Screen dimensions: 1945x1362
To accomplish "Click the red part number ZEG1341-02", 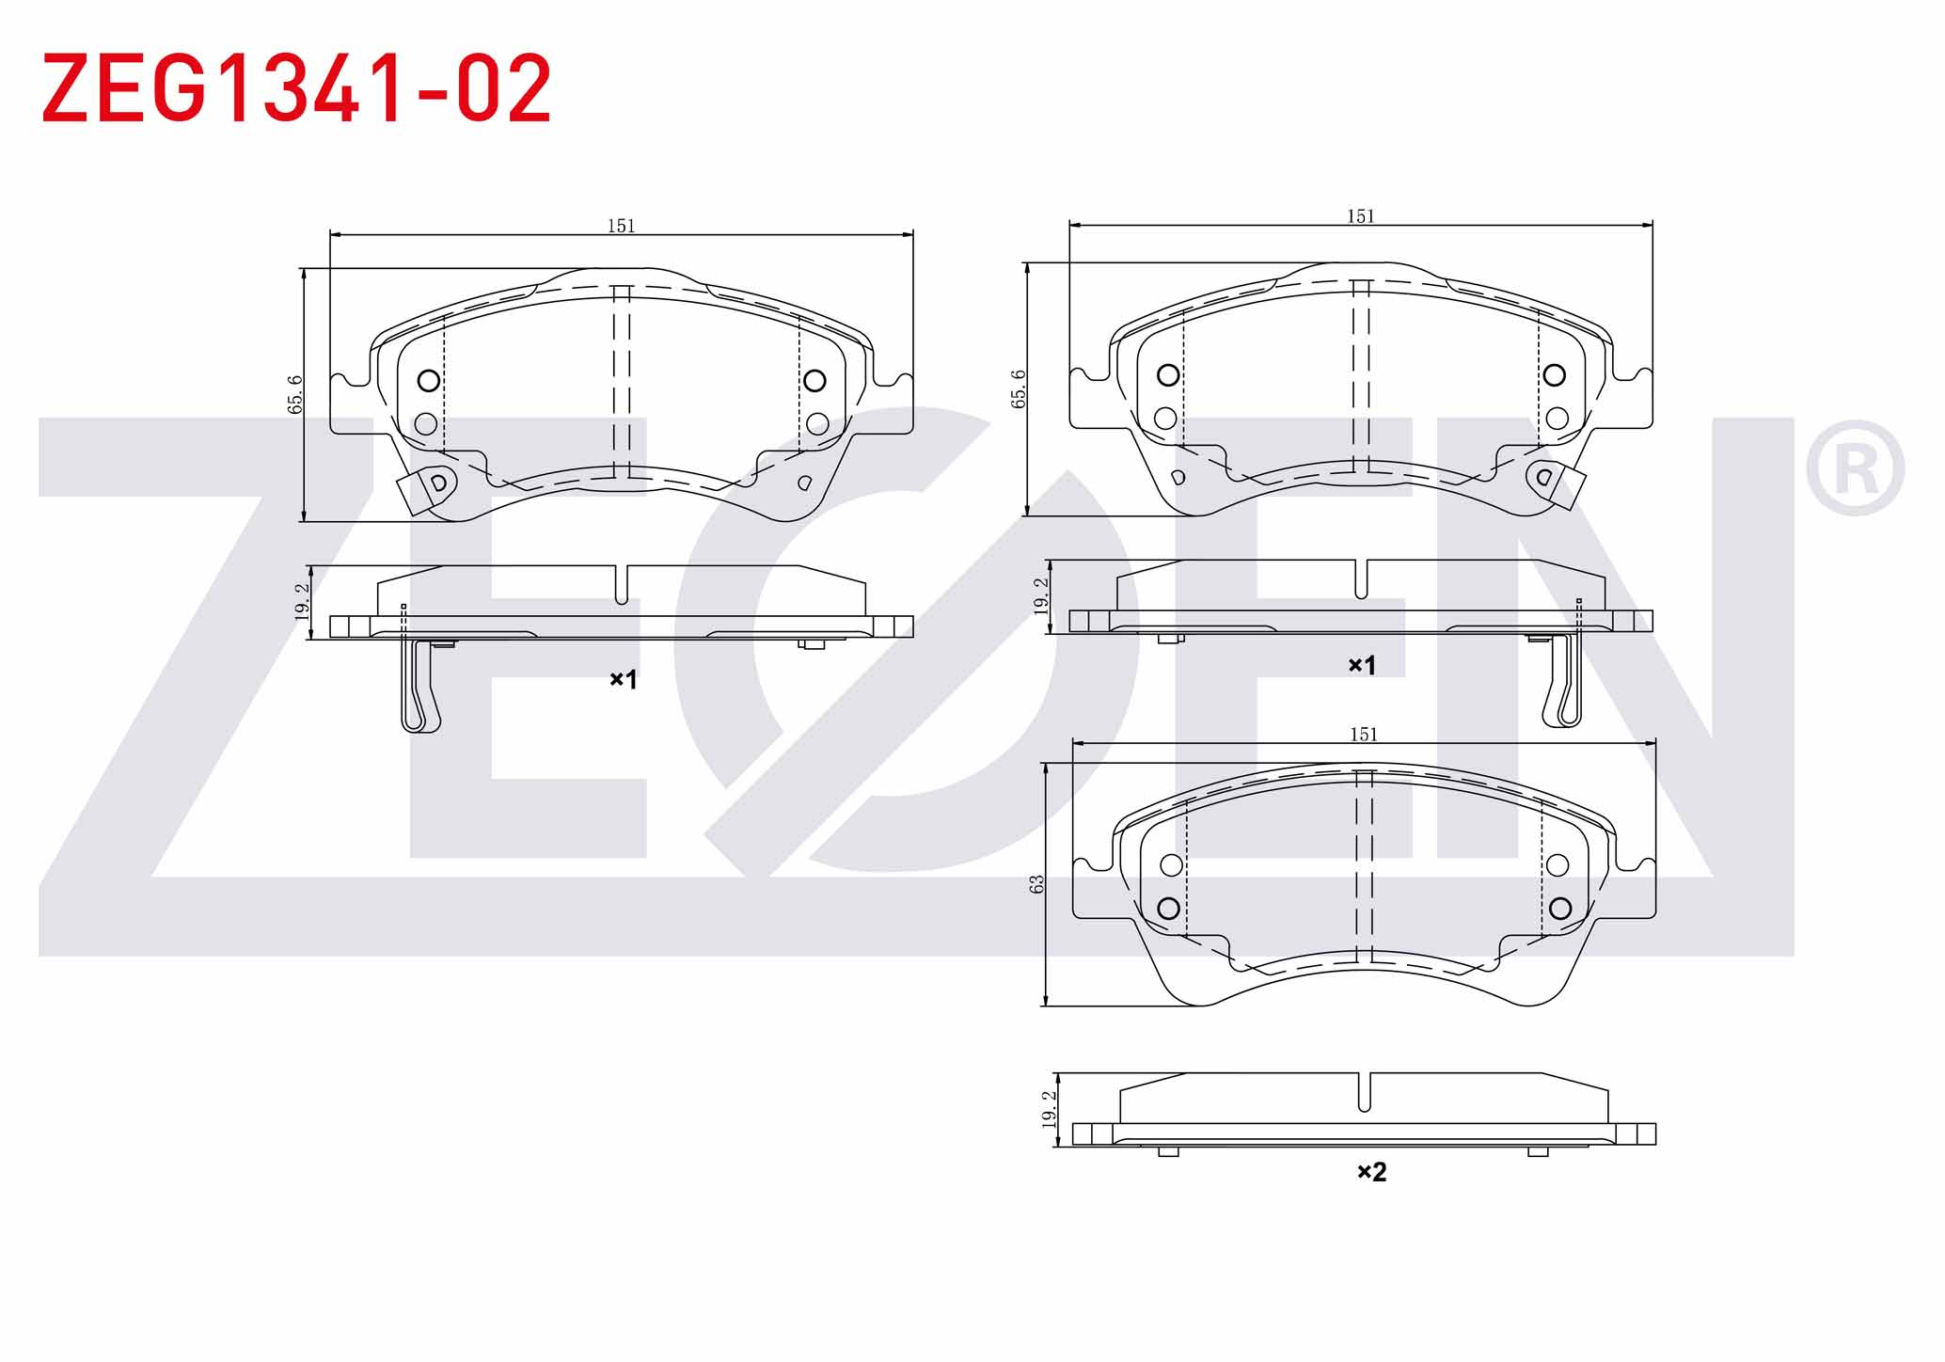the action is (x=296, y=88).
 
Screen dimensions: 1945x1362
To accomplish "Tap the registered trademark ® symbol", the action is (x=1855, y=467).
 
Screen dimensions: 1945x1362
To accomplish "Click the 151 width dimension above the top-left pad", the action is (x=621, y=226).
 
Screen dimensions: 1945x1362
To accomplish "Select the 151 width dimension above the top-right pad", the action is (x=1361, y=216).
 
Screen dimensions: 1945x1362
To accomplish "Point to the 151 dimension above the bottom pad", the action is (x=1364, y=735).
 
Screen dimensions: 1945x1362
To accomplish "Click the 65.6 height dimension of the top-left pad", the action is (x=295, y=394).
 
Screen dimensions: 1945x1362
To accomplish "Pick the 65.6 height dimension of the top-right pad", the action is (x=1018, y=388).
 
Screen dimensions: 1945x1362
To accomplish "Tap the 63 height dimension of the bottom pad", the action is (x=1037, y=884).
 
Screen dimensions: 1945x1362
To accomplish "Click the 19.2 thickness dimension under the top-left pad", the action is (x=301, y=601).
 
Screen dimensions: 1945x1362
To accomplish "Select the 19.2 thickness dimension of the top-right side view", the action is (x=1041, y=595).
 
